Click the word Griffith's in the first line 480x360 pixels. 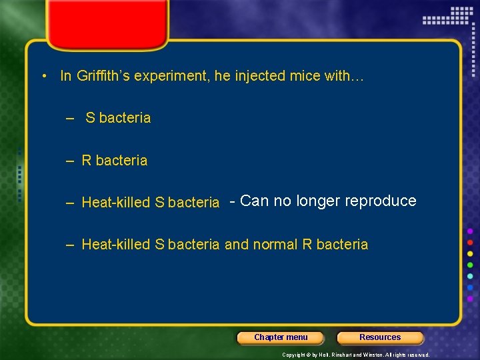coord(103,76)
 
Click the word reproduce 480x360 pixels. coord(381,201)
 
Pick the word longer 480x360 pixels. coord(318,201)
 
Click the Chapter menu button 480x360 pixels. coord(281,337)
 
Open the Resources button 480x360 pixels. coord(380,337)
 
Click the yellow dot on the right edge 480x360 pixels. coord(470,253)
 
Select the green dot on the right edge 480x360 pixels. coord(470,265)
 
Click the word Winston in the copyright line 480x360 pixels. coord(370,355)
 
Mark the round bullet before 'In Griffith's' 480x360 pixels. coord(43,76)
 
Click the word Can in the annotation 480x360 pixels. coord(253,201)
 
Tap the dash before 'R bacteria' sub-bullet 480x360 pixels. coord(70,161)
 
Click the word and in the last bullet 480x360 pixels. coord(237,245)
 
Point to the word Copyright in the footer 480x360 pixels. coord(295,355)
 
